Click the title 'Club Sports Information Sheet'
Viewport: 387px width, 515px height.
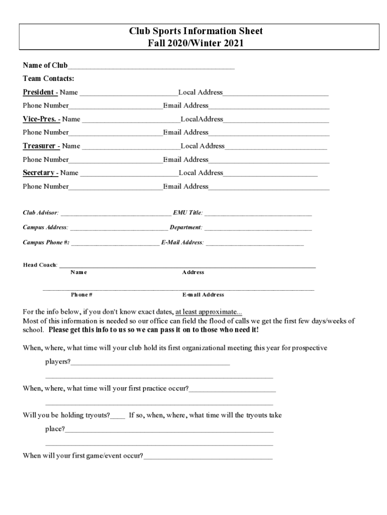(196, 31)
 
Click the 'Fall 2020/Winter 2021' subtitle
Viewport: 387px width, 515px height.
(196, 43)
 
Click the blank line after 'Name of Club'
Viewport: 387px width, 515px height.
(151, 66)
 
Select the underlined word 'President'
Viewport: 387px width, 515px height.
(39, 92)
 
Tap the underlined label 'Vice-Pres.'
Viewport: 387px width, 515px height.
(40, 119)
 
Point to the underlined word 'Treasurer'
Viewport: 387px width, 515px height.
(40, 146)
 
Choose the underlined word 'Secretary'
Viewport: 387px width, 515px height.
(39, 173)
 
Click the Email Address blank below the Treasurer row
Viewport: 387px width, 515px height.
(269, 161)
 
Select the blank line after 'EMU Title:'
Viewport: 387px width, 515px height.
(258, 214)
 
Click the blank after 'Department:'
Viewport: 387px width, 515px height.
(258, 229)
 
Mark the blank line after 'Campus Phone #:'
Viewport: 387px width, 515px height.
(115, 244)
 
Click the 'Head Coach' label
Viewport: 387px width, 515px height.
(40, 265)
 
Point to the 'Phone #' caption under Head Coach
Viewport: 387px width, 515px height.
(81, 295)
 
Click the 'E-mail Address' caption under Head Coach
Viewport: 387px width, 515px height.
(203, 295)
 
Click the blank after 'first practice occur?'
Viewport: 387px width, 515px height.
(232, 390)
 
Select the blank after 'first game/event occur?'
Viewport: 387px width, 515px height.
(208, 458)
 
